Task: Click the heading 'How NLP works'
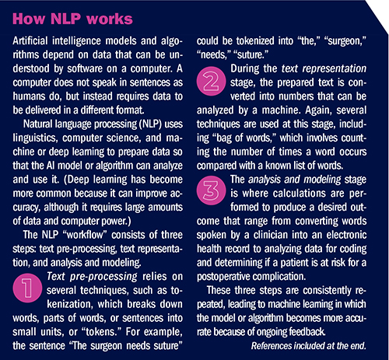[x=68, y=16]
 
